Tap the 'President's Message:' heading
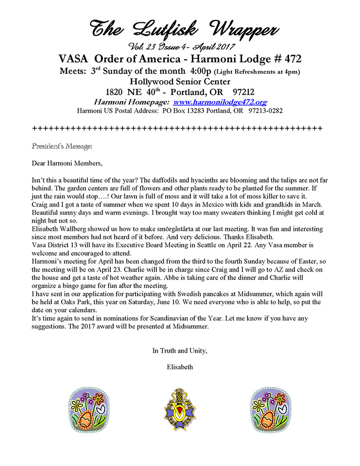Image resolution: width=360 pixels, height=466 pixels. click(x=62, y=145)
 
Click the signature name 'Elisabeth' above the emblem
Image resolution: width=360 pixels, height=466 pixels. click(x=180, y=367)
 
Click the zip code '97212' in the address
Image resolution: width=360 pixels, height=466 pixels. click(x=235, y=92)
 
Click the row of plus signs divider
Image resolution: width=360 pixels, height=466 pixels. click(x=177, y=128)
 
